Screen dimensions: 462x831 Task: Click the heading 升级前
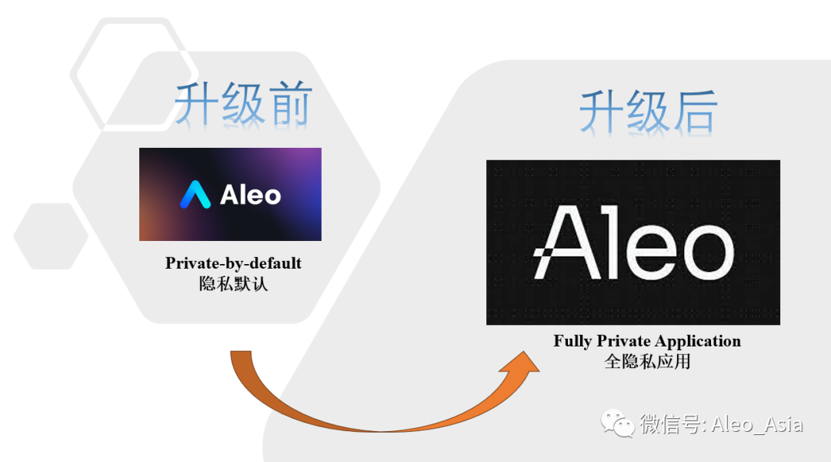[243, 105]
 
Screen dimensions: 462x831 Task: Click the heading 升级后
[648, 112]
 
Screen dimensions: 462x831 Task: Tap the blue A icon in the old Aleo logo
[195, 195]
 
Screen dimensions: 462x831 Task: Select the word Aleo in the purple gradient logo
[251, 195]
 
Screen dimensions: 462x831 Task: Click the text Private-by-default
[233, 263]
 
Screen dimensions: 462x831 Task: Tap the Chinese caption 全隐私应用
[647, 361]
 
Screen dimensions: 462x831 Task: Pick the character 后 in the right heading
[694, 112]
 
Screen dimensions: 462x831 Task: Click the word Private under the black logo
[620, 341]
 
